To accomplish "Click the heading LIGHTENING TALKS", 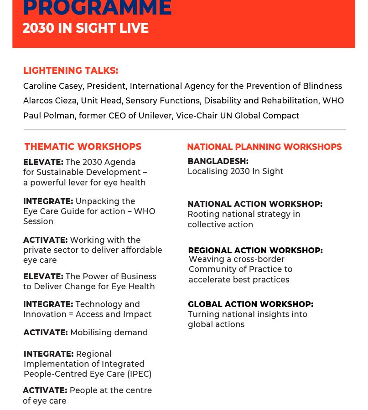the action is (x=71, y=71).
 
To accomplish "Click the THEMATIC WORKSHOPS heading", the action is (x=83, y=147).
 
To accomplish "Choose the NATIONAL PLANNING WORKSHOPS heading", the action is (x=264, y=147).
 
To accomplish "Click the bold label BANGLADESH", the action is (x=218, y=161).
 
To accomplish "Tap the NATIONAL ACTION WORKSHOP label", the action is (x=255, y=204).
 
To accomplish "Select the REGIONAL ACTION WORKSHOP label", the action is (x=255, y=250).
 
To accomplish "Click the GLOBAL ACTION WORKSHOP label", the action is (x=251, y=304).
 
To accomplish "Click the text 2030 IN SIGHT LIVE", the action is (x=86, y=28).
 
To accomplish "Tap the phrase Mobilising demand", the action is (x=109, y=333).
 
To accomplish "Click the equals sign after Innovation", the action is (x=71, y=314).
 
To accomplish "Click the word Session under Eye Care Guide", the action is (x=38, y=221).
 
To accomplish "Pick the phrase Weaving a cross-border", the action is (x=237, y=259).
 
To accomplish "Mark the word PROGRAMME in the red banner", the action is (x=98, y=7).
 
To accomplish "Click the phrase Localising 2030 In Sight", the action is (x=236, y=172).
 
